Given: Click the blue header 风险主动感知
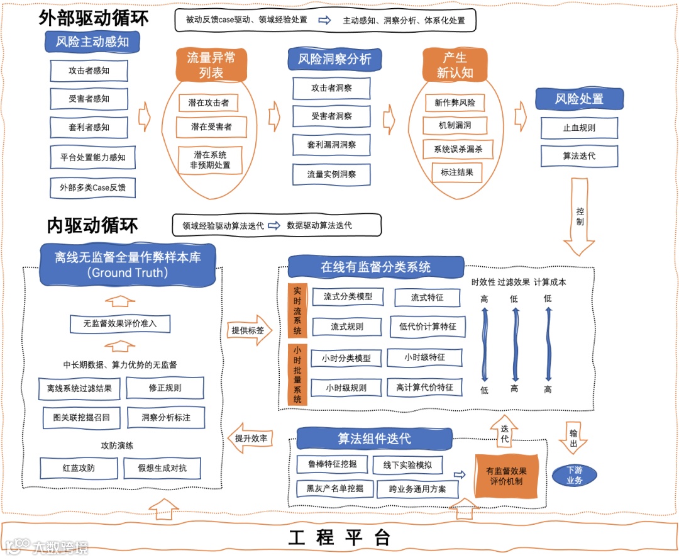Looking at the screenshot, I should (x=92, y=42).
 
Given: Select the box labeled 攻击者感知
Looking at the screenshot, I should (x=89, y=70).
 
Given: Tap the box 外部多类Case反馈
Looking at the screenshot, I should (x=89, y=188).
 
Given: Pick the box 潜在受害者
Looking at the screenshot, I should (x=211, y=127).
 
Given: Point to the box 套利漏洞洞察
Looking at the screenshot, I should (x=331, y=145).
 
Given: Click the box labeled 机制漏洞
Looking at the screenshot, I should (x=455, y=125).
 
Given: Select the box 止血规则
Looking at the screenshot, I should (x=579, y=128).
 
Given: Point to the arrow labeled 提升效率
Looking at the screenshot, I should (x=251, y=438).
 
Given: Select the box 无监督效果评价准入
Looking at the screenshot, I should (x=119, y=324).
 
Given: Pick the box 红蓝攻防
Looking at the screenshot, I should (x=79, y=468).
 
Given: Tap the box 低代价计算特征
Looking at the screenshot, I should (x=428, y=327).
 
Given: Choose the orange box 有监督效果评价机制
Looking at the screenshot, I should (x=506, y=476).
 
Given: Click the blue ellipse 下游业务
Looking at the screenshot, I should (x=575, y=475).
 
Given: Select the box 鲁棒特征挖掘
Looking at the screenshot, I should (x=333, y=464).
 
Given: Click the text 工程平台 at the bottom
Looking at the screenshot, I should (x=339, y=538).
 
